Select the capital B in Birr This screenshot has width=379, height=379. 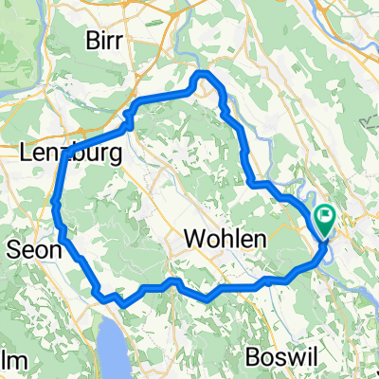(92, 40)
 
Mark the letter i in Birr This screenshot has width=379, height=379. (105, 40)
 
